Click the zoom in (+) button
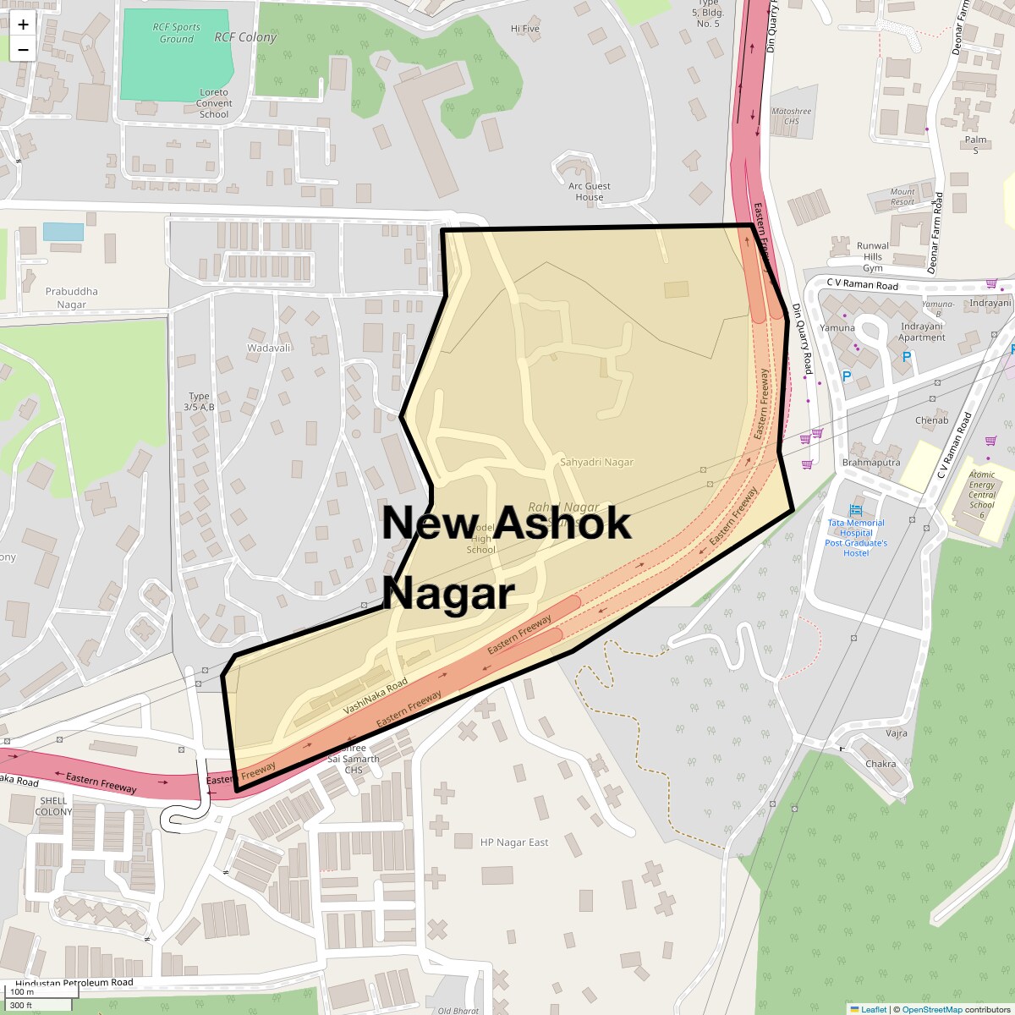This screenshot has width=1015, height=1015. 23,25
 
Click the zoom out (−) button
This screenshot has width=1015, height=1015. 23,49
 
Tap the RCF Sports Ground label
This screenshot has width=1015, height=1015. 177,33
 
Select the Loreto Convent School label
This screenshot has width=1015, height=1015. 214,103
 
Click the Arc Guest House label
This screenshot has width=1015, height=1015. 590,191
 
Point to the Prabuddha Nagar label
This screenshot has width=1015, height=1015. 72,298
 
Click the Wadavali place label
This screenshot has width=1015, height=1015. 269,348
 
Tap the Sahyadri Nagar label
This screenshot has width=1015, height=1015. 596,463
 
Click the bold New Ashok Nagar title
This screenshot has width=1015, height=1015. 506,557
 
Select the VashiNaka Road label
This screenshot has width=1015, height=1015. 376,697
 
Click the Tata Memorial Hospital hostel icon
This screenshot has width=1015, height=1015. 856,510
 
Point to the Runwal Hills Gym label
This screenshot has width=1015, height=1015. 873,257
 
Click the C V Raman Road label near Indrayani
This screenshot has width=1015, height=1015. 863,286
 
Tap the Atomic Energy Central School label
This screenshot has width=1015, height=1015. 982,495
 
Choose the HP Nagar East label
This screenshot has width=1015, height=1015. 514,842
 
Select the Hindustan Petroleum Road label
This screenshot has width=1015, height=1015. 74,983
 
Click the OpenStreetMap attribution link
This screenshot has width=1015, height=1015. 931,1009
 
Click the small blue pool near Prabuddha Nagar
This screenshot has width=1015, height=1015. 63,232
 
